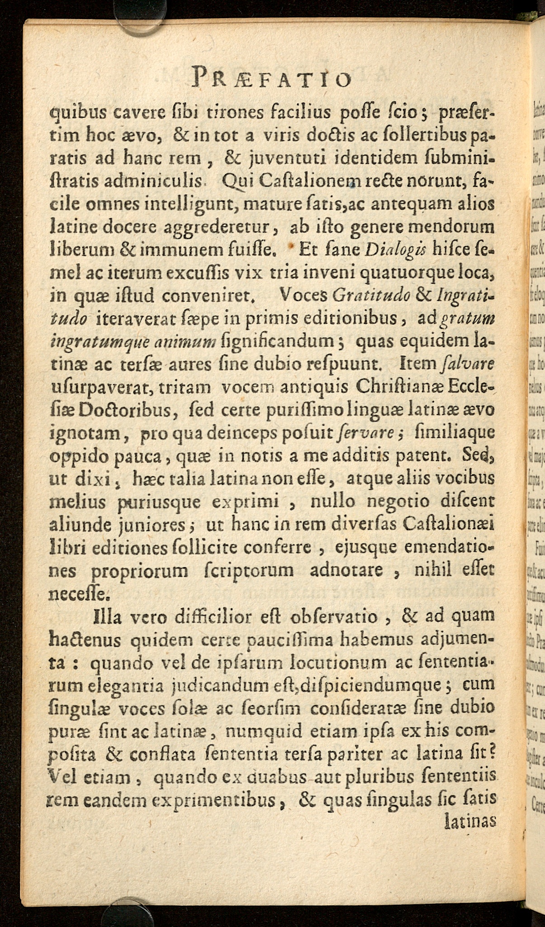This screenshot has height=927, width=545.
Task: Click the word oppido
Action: coord(73,456)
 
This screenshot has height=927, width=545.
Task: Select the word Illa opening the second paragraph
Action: coord(108,616)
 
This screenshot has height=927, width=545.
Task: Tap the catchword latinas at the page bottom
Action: coord(471,822)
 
